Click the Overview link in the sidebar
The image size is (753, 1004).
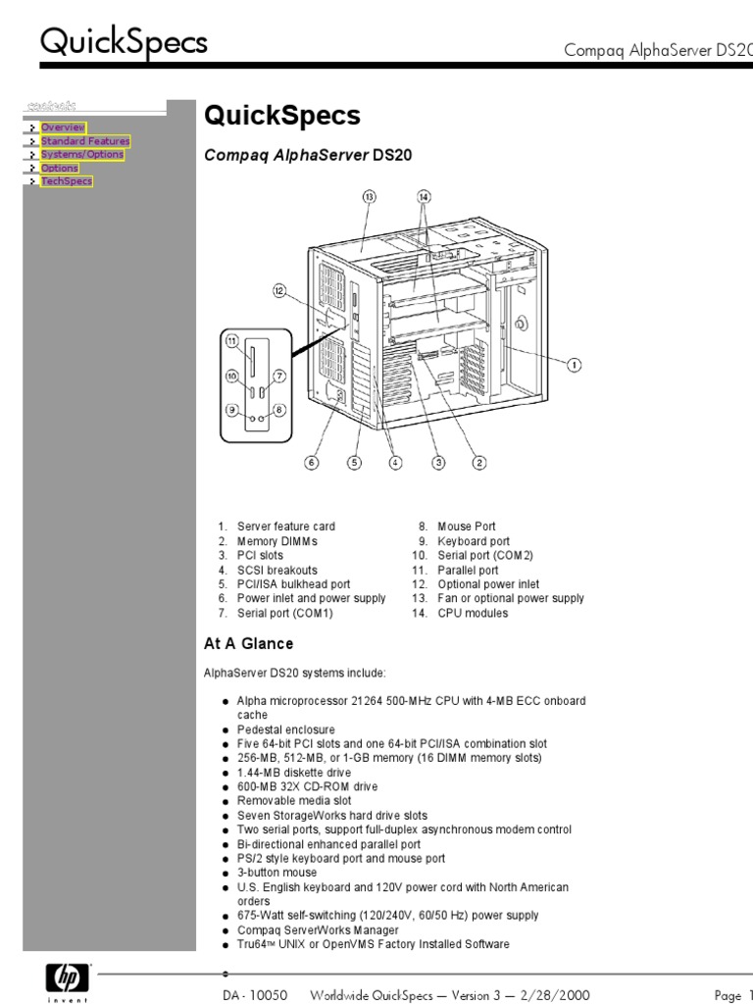[63, 127]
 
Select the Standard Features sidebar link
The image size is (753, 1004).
[84, 141]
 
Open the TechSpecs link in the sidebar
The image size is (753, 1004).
[66, 181]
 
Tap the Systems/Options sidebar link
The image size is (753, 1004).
[81, 155]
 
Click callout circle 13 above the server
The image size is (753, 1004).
[370, 196]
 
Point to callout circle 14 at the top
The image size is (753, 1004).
[424, 196]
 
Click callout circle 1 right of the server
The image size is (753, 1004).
[575, 364]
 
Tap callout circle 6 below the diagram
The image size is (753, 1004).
[312, 464]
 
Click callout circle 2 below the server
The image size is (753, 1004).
[479, 464]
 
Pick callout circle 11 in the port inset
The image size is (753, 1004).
[232, 341]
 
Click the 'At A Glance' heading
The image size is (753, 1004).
[248, 644]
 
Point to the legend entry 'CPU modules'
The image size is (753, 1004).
[473, 613]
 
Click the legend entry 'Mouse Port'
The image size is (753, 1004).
[467, 527]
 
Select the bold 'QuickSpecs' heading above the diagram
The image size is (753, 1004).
[281, 117]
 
